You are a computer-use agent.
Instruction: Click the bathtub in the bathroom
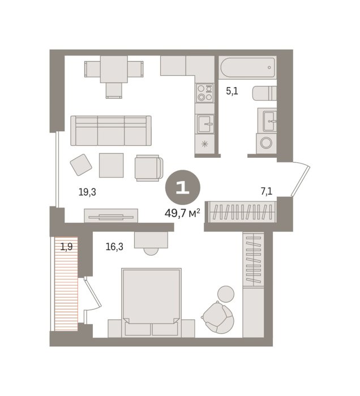[247, 68]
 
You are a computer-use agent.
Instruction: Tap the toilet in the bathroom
[264, 93]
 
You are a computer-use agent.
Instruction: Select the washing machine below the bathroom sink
[266, 143]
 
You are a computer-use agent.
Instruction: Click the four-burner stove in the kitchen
[205, 93]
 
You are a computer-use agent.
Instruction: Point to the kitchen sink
[205, 123]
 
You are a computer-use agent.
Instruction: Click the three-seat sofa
[111, 131]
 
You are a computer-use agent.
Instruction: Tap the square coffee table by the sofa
[111, 165]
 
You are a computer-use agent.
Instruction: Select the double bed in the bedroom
[151, 303]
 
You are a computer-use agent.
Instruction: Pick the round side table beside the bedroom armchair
[226, 294]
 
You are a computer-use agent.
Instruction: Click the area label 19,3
[87, 192]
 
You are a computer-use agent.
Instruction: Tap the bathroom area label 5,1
[232, 91]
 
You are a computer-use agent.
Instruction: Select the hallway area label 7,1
[267, 191]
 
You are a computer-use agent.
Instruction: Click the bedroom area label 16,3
[114, 247]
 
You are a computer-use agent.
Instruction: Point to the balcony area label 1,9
[66, 247]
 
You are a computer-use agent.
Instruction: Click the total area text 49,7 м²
[182, 213]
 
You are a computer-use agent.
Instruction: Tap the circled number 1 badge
[183, 187]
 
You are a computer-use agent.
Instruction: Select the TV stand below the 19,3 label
[111, 216]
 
